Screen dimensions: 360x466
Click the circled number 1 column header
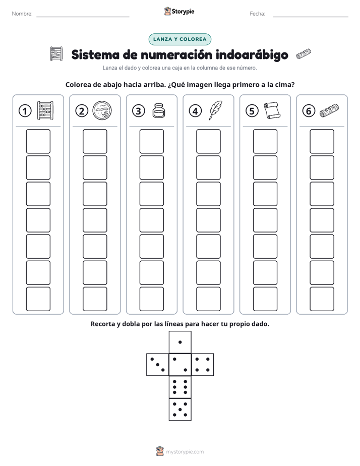click(25, 111)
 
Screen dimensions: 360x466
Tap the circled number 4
click(195, 111)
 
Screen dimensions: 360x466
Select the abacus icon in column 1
click(45, 110)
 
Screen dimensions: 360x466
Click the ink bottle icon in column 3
click(159, 110)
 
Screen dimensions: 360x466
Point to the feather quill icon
click(215, 110)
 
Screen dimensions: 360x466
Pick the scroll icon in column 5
click(272, 110)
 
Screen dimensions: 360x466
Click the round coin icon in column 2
click(102, 110)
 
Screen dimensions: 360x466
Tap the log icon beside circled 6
click(329, 110)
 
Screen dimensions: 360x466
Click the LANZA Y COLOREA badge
click(179, 39)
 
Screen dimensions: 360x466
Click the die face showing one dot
click(180, 342)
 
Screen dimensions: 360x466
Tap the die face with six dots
click(180, 387)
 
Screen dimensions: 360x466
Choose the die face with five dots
click(180, 410)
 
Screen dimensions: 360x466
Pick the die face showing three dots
click(158, 365)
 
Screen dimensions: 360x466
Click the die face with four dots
click(203, 365)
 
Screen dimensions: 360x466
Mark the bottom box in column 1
click(38, 299)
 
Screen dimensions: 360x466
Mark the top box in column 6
click(322, 141)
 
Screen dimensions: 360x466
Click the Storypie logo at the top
click(179, 11)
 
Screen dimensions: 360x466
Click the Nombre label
click(22, 14)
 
